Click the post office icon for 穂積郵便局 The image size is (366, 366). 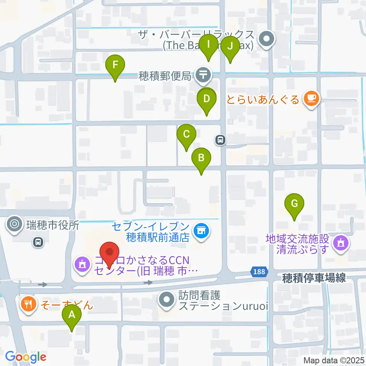point(204,75)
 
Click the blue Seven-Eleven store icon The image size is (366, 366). point(201,231)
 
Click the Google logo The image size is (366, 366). point(26,357)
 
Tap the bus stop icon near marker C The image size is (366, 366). point(220,140)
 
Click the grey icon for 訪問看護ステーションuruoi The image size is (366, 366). point(167,300)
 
